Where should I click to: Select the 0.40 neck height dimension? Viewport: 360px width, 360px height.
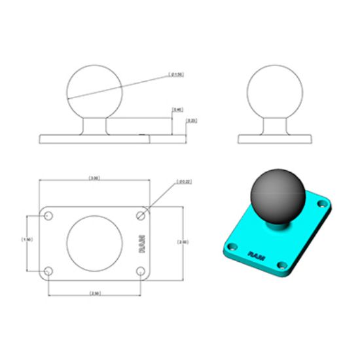click(x=177, y=109)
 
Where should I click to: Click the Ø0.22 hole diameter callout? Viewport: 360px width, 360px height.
click(x=184, y=182)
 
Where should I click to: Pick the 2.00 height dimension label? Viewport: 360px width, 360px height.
click(x=183, y=242)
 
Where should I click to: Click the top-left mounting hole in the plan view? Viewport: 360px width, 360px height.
click(x=48, y=215)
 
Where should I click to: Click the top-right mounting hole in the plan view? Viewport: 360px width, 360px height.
click(x=140, y=215)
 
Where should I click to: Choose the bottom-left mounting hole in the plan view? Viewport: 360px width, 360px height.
click(x=48, y=270)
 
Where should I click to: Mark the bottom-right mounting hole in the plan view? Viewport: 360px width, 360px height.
click(x=140, y=270)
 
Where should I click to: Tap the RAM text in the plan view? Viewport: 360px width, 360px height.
click(x=142, y=243)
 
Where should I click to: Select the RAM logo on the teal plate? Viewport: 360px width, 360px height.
click(x=255, y=253)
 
